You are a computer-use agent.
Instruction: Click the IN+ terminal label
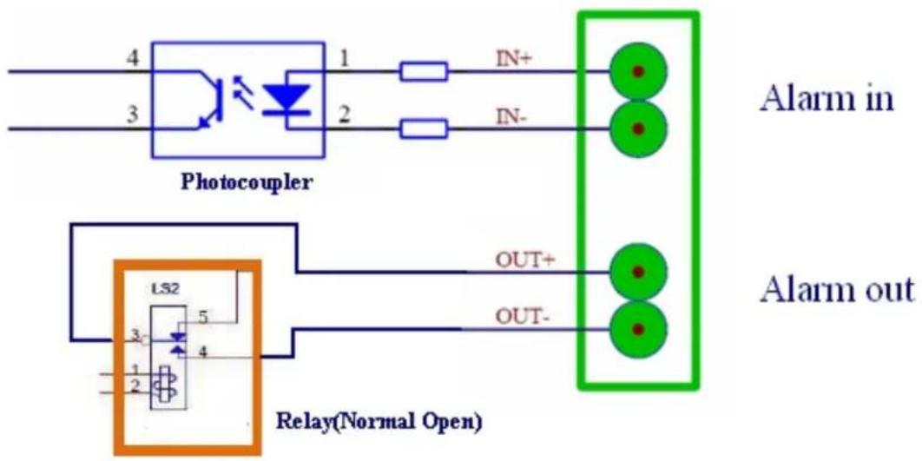point(511,60)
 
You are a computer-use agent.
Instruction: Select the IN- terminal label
point(509,117)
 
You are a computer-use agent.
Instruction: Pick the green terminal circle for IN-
point(639,128)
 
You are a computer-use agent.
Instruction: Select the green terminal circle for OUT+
point(639,273)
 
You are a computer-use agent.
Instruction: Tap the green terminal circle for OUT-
point(639,329)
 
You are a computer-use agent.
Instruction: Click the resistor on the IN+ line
point(424,72)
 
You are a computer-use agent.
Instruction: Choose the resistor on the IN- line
point(424,128)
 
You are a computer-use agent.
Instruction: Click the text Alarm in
point(827,100)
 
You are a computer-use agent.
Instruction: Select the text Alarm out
point(838,289)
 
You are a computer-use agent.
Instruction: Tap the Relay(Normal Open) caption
point(379,422)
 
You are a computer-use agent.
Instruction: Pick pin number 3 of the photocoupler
point(134,115)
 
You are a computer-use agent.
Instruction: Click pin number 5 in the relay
point(202,318)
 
